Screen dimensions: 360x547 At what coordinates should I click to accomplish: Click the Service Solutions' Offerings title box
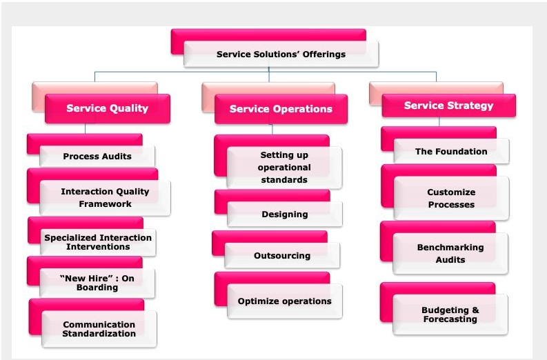281,54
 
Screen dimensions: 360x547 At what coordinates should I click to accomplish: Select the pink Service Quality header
107,108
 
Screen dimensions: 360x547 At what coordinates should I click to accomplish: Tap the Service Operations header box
281,109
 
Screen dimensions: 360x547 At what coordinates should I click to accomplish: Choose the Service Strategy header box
448,106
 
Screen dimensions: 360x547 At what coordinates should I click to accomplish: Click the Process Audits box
97,156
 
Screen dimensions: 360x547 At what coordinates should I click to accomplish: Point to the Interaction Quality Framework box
105,198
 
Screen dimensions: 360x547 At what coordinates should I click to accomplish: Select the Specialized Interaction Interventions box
98,242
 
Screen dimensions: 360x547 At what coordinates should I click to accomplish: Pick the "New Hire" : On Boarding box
97,283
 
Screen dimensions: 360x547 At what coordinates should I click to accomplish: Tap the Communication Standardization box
99,329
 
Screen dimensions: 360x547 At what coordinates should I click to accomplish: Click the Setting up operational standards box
284,168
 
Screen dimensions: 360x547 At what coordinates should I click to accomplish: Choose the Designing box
284,214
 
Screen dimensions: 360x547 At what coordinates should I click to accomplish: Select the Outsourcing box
282,255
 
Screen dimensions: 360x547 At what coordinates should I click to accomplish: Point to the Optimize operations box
284,301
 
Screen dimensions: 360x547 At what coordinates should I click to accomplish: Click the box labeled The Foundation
451,151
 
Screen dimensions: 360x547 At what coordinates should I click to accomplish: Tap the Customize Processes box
451,199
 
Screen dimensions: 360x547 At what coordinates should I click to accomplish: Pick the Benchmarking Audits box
450,253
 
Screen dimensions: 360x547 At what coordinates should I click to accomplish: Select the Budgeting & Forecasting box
450,314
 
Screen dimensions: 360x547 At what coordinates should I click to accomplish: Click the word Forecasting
450,319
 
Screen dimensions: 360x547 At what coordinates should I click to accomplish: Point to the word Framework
105,204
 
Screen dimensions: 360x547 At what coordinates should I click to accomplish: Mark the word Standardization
99,334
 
